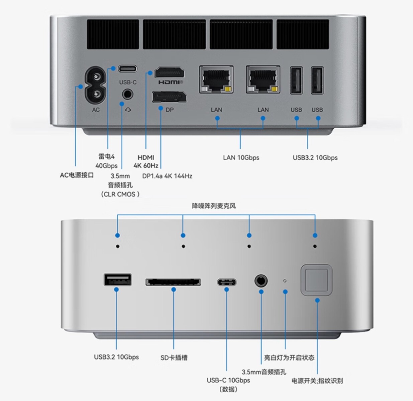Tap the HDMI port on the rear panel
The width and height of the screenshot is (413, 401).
pyautogui.click(x=170, y=73)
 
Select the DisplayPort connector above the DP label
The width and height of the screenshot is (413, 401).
pyautogui.click(x=169, y=97)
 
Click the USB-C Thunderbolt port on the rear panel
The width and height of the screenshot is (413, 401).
pyautogui.click(x=127, y=69)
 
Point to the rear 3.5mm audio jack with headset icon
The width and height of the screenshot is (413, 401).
pyautogui.click(x=127, y=94)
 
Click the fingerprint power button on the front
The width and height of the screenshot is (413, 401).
pyautogui.click(x=316, y=280)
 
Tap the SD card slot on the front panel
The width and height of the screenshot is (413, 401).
pyautogui.click(x=173, y=282)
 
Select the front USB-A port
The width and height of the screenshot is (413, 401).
pyautogui.click(x=117, y=280)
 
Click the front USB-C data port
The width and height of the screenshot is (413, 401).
pyautogui.click(x=227, y=282)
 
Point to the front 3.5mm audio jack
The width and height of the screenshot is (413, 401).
pyautogui.click(x=261, y=281)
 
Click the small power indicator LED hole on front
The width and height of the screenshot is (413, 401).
pyautogui.click(x=285, y=281)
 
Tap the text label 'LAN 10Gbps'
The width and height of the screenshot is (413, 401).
pyautogui.click(x=241, y=157)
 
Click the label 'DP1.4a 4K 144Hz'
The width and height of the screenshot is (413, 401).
pyautogui.click(x=167, y=176)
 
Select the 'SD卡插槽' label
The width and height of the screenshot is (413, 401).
pyautogui.click(x=174, y=358)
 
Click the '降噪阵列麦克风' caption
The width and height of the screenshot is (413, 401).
pyautogui.click(x=214, y=206)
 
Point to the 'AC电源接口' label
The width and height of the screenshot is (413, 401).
pyautogui.click(x=77, y=175)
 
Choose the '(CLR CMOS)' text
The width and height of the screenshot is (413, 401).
pyautogui.click(x=120, y=194)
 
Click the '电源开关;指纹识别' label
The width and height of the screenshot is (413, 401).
pyautogui.click(x=317, y=381)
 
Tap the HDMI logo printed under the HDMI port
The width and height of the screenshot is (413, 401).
pyautogui.click(x=170, y=82)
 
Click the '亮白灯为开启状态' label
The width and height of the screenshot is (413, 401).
pyautogui.click(x=289, y=358)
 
